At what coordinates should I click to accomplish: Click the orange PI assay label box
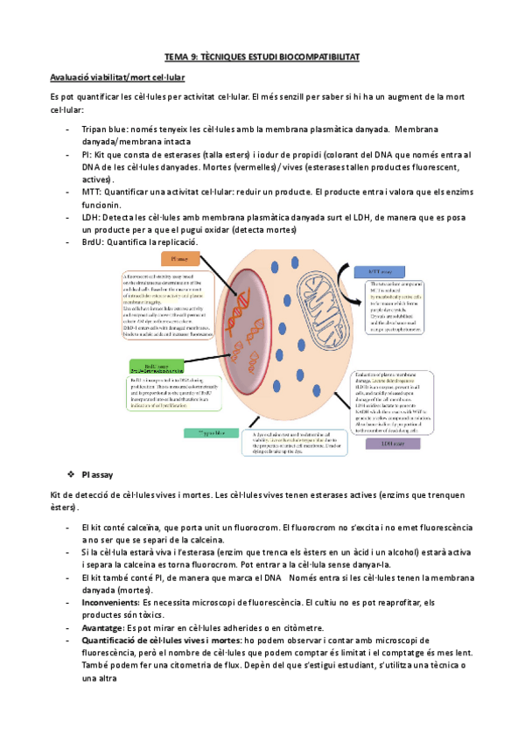(182, 260)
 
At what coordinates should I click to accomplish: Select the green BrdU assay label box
(156, 365)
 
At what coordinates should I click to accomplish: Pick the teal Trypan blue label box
(207, 432)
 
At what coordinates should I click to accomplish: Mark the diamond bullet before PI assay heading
(70, 473)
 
